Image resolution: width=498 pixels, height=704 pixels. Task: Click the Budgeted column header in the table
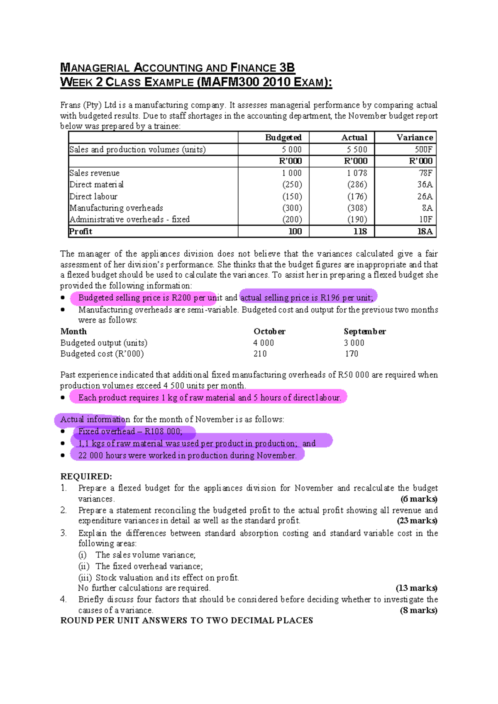tap(283, 137)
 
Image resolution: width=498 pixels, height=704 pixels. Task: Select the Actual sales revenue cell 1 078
tap(357, 173)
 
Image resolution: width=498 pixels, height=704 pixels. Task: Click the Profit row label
tap(81, 231)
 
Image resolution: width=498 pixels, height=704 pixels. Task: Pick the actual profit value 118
tap(360, 231)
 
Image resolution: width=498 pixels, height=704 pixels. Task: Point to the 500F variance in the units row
tap(423, 149)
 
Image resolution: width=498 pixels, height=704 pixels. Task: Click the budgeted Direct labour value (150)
tap(292, 196)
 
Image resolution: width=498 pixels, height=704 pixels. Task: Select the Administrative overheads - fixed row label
tap(129, 219)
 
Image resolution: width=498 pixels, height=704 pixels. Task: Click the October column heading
tap(269, 331)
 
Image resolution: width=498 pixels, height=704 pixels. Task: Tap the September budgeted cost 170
tap(351, 354)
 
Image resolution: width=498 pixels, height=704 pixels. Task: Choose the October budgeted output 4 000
tap(264, 343)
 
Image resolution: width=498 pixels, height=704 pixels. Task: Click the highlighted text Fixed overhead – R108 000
tap(130, 431)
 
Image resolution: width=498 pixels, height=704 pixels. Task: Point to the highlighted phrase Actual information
tap(95, 419)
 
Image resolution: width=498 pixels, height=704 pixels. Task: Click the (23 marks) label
tap(417, 521)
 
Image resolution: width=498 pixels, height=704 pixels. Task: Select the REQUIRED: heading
tap(86, 476)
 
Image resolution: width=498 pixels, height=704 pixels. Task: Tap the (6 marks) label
tap(418, 499)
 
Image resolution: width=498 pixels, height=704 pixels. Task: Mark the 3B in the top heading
tap(287, 68)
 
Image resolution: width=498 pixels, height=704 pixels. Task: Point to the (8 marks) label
tap(418, 610)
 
